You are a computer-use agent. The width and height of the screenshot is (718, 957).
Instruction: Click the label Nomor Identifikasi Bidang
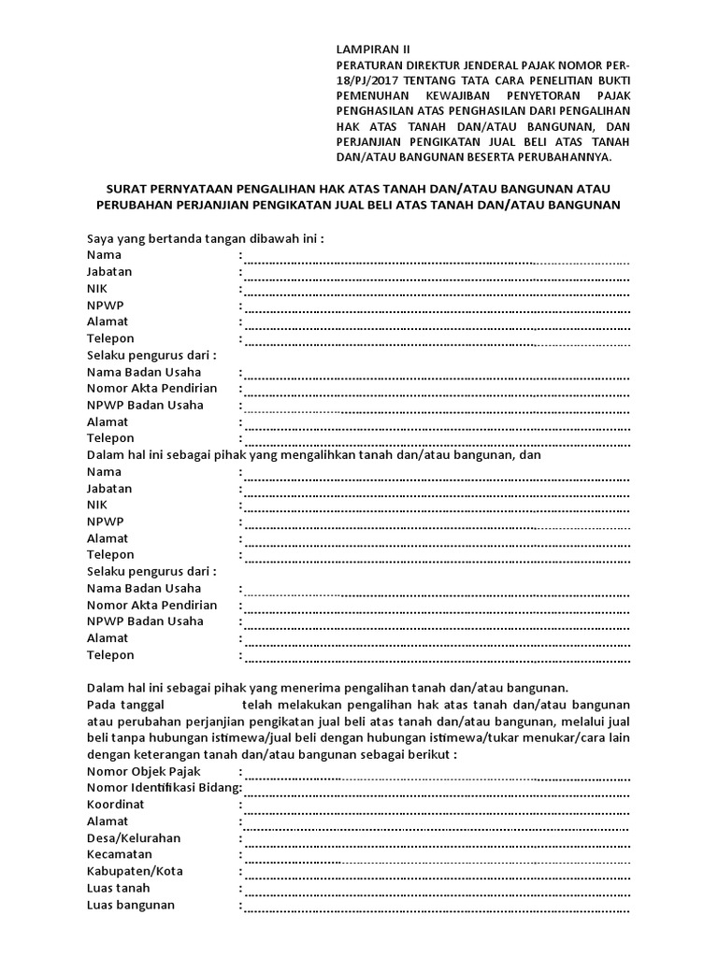(163, 788)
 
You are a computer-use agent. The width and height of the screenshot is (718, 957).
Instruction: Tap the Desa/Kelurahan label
(134, 838)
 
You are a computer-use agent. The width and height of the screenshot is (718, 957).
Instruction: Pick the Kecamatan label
(120, 855)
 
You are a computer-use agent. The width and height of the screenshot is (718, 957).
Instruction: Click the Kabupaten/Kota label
(135, 872)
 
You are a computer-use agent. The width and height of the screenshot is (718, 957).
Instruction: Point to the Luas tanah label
(118, 889)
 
